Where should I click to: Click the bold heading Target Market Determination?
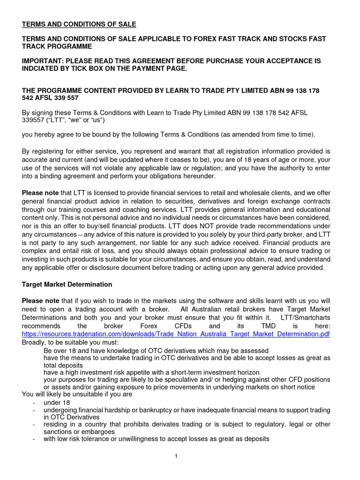[67, 284]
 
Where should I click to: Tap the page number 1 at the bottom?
[175, 457]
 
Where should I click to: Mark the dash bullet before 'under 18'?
[33, 403]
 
